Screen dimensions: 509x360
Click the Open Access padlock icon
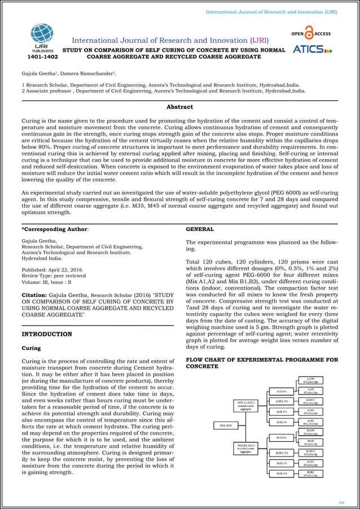308,32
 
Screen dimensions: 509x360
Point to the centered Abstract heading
179,107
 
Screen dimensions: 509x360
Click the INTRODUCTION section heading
46,334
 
